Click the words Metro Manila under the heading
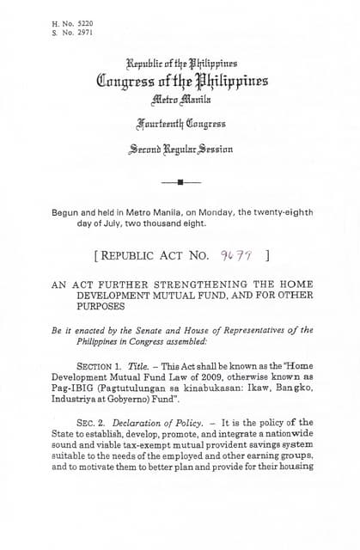point(180,101)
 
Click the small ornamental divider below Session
point(180,182)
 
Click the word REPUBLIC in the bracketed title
point(132,254)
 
